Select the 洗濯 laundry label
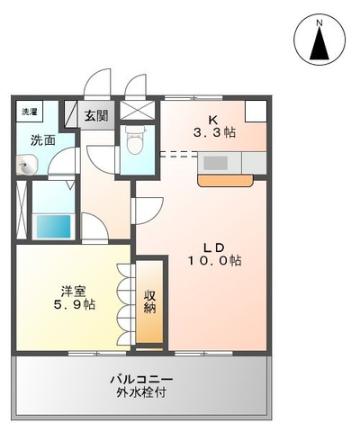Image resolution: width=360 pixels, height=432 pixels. click(31, 112)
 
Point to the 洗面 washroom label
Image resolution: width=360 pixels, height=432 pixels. click(41, 140)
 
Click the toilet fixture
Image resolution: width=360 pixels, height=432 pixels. click(137, 141)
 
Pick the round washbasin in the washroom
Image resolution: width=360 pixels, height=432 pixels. click(27, 165)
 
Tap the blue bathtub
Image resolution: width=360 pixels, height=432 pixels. click(52, 226)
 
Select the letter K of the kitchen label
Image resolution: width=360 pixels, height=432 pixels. click(214, 119)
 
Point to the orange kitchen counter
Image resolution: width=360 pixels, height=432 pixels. click(226, 178)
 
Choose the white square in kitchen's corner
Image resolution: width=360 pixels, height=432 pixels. click(256, 111)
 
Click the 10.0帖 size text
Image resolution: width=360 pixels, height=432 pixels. click(215, 261)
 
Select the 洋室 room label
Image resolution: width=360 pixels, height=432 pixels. click(73, 292)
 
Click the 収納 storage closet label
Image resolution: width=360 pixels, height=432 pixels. click(149, 302)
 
